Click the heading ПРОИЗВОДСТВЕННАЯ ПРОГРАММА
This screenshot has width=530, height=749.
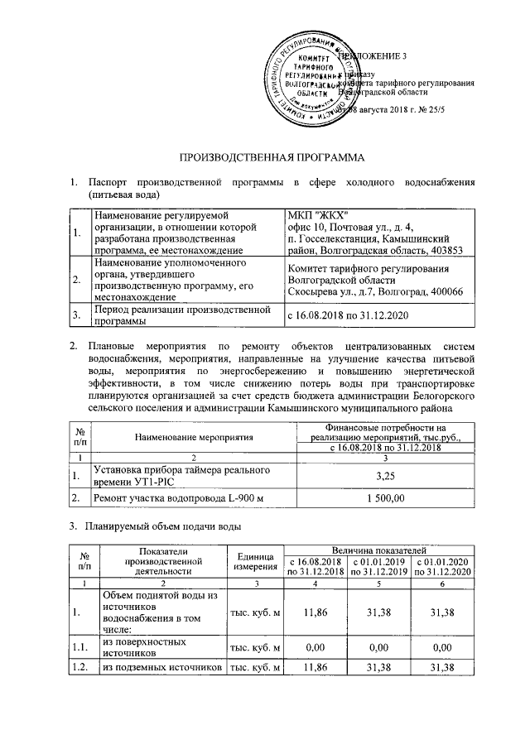click(272, 157)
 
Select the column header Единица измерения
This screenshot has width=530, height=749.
click(254, 559)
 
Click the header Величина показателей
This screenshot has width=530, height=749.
click(378, 549)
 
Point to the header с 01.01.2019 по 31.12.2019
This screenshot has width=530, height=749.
click(378, 566)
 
